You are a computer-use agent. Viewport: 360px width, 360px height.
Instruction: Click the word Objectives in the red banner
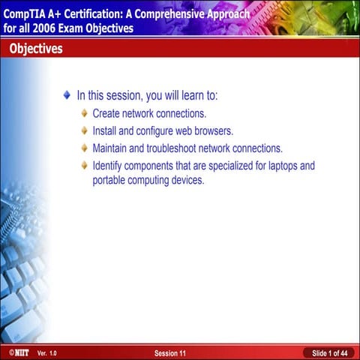click(36, 49)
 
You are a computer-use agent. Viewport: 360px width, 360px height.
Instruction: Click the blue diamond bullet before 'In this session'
click(67, 96)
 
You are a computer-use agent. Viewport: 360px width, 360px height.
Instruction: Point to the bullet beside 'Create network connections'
click(84, 113)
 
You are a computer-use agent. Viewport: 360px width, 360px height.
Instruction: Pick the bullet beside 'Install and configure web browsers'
click(84, 130)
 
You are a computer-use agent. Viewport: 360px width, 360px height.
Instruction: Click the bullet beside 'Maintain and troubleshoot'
click(84, 148)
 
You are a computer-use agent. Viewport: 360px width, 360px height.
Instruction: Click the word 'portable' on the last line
click(110, 181)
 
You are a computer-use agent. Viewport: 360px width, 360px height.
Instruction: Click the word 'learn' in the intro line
click(184, 96)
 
